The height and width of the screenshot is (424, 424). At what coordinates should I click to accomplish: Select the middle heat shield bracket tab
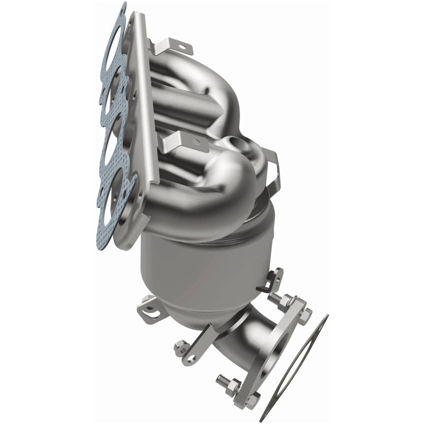180,141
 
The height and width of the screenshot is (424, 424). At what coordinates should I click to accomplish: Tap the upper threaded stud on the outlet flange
276,299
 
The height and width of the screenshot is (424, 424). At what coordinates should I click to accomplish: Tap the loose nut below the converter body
181,348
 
